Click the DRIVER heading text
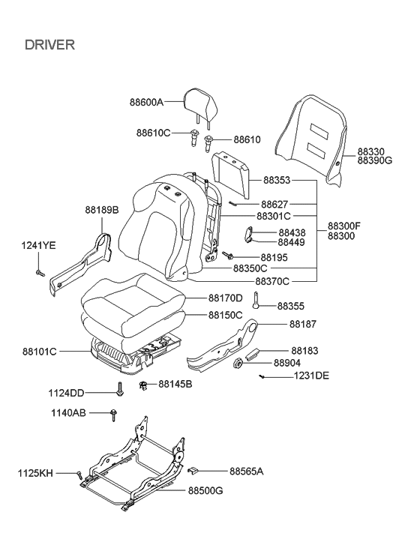click(49, 45)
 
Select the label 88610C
click(153, 133)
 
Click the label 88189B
click(101, 210)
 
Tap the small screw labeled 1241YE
click(40, 272)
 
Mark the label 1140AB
click(68, 412)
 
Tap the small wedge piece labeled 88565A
click(193, 472)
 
